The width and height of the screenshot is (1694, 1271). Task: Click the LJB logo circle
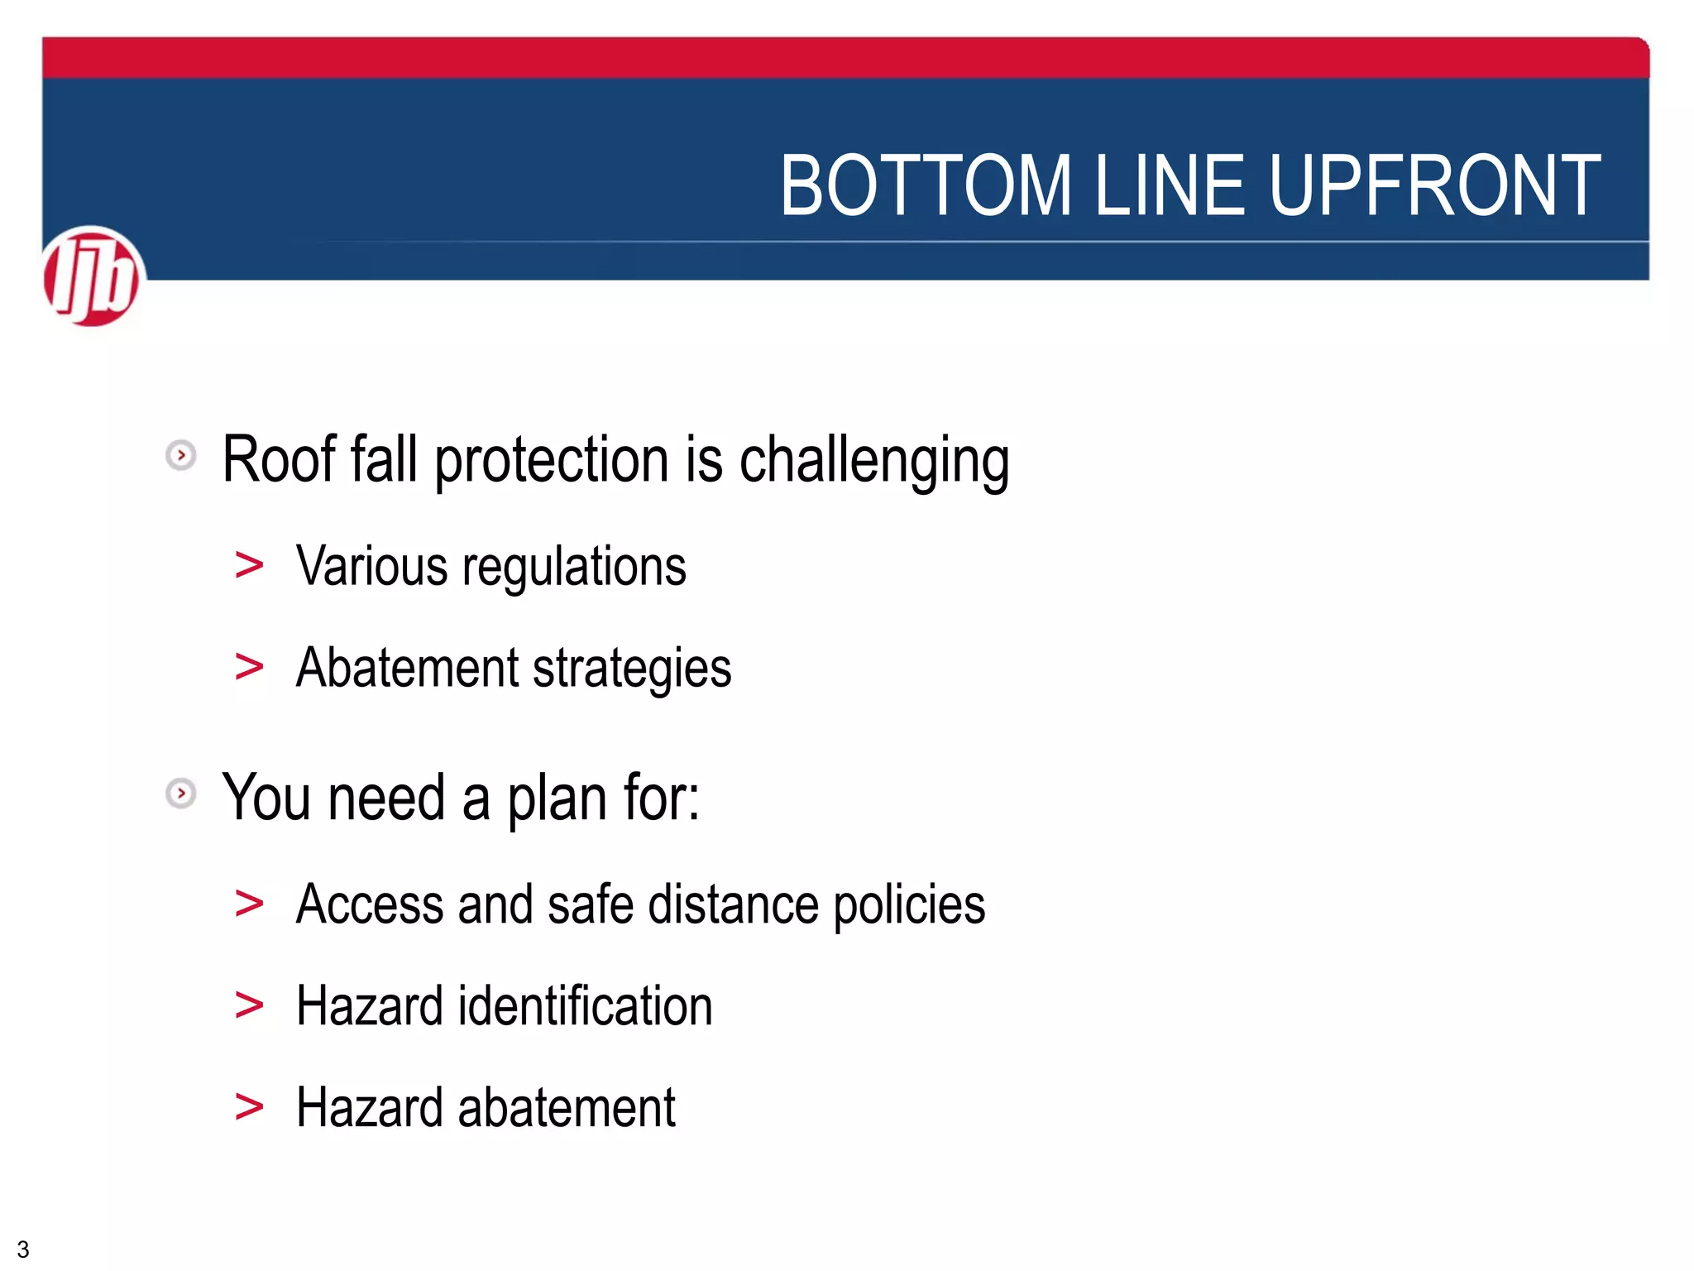[x=93, y=276]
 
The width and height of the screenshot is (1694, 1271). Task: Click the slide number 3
[x=23, y=1249]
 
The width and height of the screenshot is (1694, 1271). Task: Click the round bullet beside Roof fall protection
[x=181, y=455]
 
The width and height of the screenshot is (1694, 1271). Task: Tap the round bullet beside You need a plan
[x=181, y=793]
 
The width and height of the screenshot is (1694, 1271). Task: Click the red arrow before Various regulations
[x=249, y=566]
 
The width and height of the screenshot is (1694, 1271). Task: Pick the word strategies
[x=632, y=669]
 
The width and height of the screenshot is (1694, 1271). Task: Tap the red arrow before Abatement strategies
[x=249, y=667]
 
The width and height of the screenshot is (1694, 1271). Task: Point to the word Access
[x=369, y=904]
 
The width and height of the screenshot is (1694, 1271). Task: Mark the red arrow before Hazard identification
[x=249, y=1005]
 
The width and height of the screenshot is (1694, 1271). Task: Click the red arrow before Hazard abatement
[x=249, y=1106]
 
